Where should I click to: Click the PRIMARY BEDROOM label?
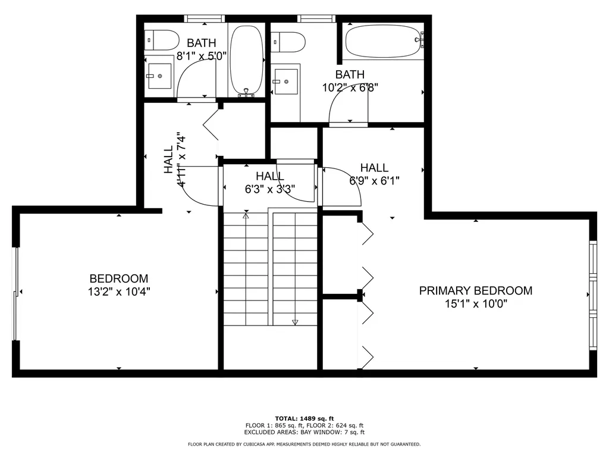point(475,291)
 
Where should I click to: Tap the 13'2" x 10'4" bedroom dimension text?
point(119,292)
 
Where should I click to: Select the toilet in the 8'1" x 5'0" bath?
point(162,40)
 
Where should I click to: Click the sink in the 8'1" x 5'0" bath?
point(159,76)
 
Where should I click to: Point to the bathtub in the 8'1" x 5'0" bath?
point(246,60)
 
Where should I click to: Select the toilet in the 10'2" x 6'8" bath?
point(288,42)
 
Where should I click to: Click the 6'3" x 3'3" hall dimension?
point(270,189)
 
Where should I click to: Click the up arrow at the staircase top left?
point(246,215)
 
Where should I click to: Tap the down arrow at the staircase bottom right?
point(294,322)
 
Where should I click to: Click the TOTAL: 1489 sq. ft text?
point(304,418)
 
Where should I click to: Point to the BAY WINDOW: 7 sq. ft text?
point(332,433)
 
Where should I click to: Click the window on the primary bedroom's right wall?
point(592,295)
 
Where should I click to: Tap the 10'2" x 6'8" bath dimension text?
point(350,87)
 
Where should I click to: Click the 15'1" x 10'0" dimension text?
point(475,303)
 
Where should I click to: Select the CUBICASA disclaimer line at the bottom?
point(304,445)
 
